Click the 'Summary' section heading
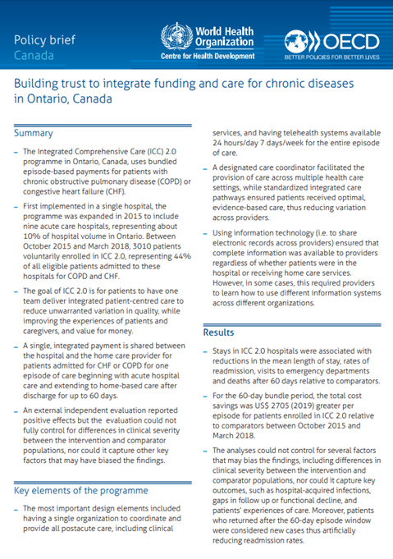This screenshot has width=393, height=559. [x=34, y=132]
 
